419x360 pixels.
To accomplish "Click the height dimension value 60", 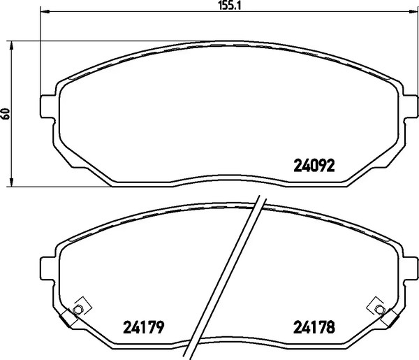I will pos(6,113).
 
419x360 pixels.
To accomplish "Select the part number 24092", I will pos(313,166).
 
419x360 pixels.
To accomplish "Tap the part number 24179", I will pos(142,326).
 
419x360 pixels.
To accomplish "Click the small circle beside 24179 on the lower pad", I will pos(79,310).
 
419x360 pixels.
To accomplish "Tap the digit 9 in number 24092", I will pos(323,166).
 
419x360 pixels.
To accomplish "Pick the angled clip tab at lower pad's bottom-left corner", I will pos(67,318).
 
